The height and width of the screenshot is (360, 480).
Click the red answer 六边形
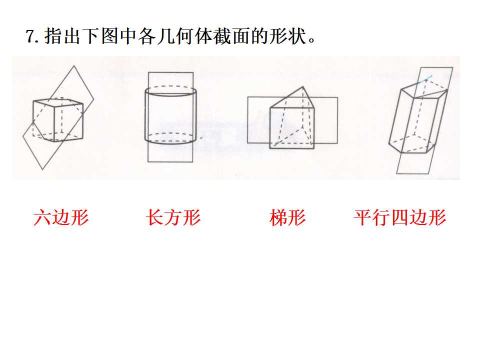pyautogui.click(x=61, y=217)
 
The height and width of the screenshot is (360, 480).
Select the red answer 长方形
pyautogui.click(x=173, y=217)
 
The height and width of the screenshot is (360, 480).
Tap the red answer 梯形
pyautogui.click(x=288, y=217)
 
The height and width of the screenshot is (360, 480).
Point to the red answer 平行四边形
pyautogui.click(x=400, y=217)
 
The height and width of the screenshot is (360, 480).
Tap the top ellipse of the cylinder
pyautogui.click(x=170, y=91)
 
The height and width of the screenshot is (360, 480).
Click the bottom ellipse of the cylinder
pyautogui.click(x=170, y=138)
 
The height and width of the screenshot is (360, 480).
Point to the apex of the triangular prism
pyautogui.click(x=303, y=86)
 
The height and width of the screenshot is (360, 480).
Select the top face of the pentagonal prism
pyautogui.click(x=424, y=89)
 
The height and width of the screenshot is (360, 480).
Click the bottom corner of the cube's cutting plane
pyautogui.click(x=42, y=169)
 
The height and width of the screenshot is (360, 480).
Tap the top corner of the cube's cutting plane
pyautogui.click(x=74, y=65)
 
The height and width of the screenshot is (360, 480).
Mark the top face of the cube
pyautogui.click(x=58, y=102)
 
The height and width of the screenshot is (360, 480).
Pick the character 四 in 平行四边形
pyautogui.click(x=400, y=217)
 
